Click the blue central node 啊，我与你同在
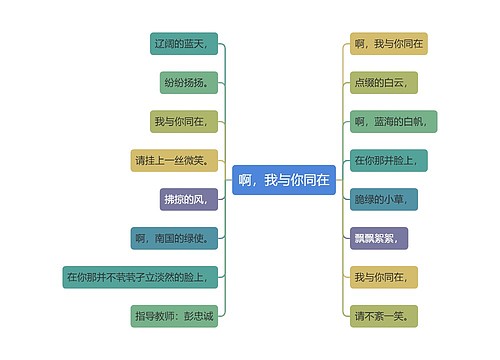(284, 180)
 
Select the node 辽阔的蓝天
(181, 44)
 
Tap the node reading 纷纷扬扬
(186, 82)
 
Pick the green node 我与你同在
(181, 121)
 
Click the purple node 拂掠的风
(188, 199)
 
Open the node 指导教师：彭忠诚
(173, 316)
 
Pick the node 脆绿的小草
(381, 199)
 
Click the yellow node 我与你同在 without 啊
(381, 277)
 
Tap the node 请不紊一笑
(381, 316)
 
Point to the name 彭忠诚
(197, 316)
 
